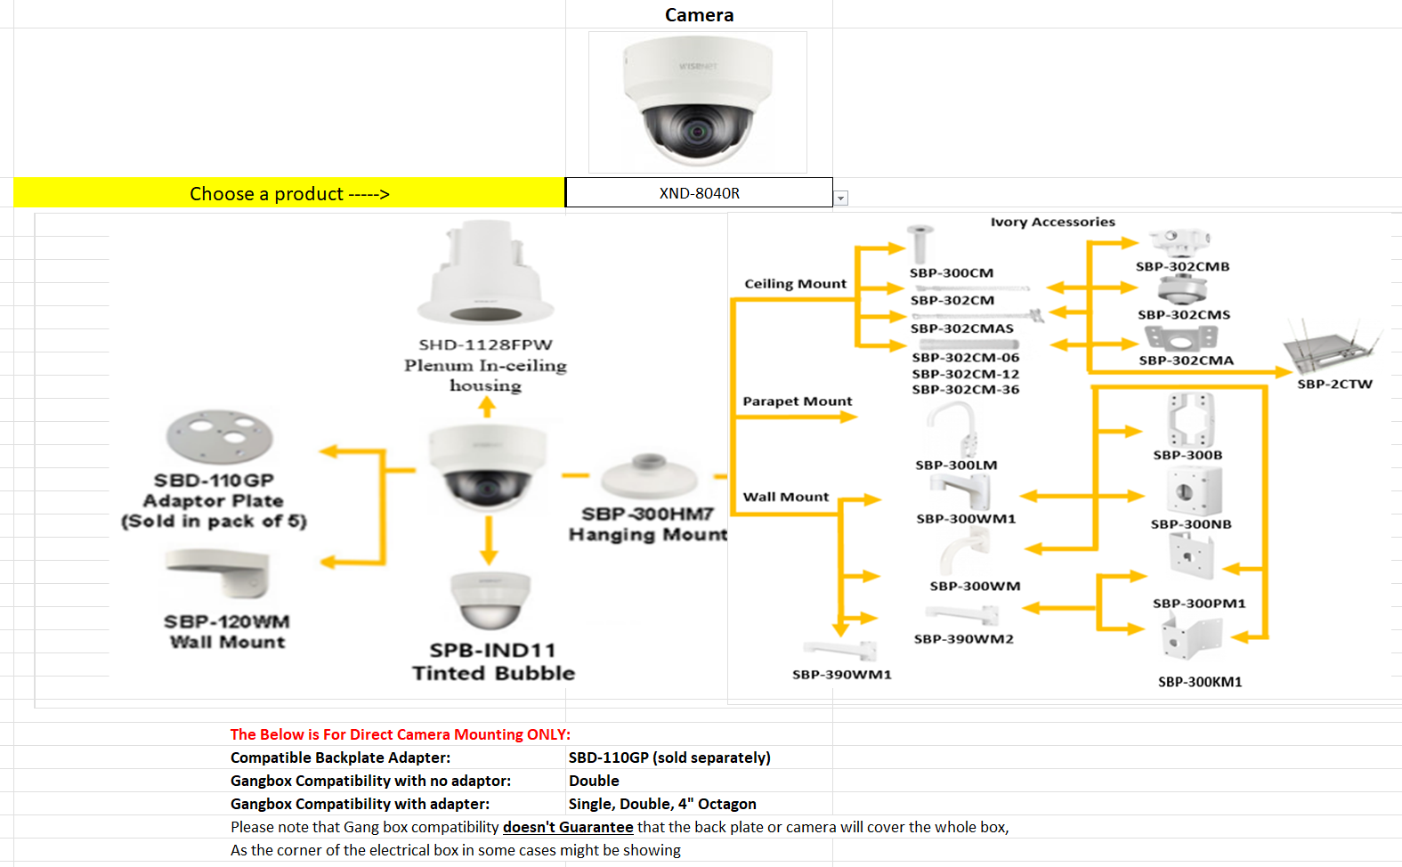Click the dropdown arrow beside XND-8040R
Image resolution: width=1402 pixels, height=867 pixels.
[841, 199]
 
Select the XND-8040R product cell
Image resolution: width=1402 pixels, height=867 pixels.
[699, 193]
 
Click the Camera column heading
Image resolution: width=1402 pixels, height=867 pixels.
[699, 15]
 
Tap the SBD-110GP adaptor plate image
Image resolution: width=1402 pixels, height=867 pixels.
[219, 436]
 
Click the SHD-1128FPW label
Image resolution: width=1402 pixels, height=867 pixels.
[485, 344]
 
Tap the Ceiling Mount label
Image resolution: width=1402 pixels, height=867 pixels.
[795, 284]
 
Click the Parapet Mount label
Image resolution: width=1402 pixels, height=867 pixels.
[797, 401]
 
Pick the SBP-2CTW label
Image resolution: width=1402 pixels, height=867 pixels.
[1334, 385]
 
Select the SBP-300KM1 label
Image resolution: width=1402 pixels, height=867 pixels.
[1199, 682]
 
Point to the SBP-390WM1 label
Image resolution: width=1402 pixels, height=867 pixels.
[841, 675]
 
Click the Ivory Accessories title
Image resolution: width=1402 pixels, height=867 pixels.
[1052, 223]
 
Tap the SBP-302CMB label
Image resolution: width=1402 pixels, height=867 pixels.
[1182, 267]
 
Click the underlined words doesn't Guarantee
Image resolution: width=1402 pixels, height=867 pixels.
[568, 827]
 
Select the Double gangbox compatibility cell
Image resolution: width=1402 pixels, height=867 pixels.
[594, 781]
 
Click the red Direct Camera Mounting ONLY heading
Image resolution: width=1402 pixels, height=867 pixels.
[400, 734]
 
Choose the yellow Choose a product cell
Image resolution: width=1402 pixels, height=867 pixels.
[289, 193]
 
